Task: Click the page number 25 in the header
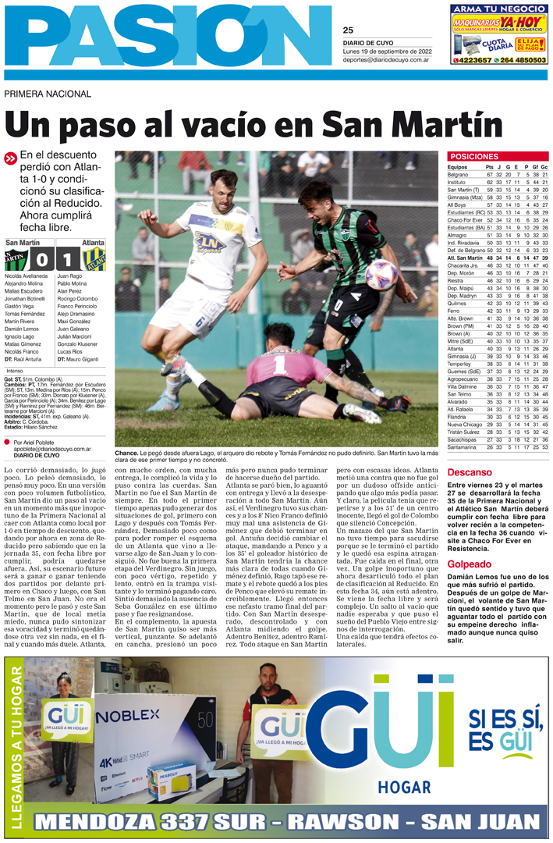tap(348, 30)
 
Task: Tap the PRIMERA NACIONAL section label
tap(47, 94)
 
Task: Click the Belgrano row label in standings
tap(458, 175)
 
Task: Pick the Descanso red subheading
tap(470, 472)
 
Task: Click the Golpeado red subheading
tap(469, 542)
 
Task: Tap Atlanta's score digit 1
tap(69, 259)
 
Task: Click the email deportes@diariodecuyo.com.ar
tap(388, 59)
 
